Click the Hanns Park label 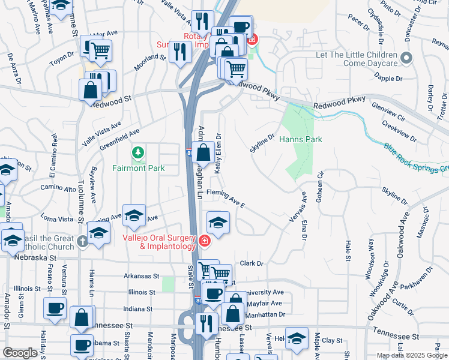pyautogui.click(x=301, y=139)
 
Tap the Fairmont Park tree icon pyautogui.click(x=139, y=154)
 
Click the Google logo pyautogui.click(x=20, y=353)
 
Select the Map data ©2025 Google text pyautogui.click(x=412, y=355)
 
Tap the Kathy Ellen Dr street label pyautogui.click(x=218, y=151)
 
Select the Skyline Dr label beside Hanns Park pyautogui.click(x=262, y=143)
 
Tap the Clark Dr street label pyautogui.click(x=252, y=263)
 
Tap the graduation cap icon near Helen pyautogui.click(x=297, y=338)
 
